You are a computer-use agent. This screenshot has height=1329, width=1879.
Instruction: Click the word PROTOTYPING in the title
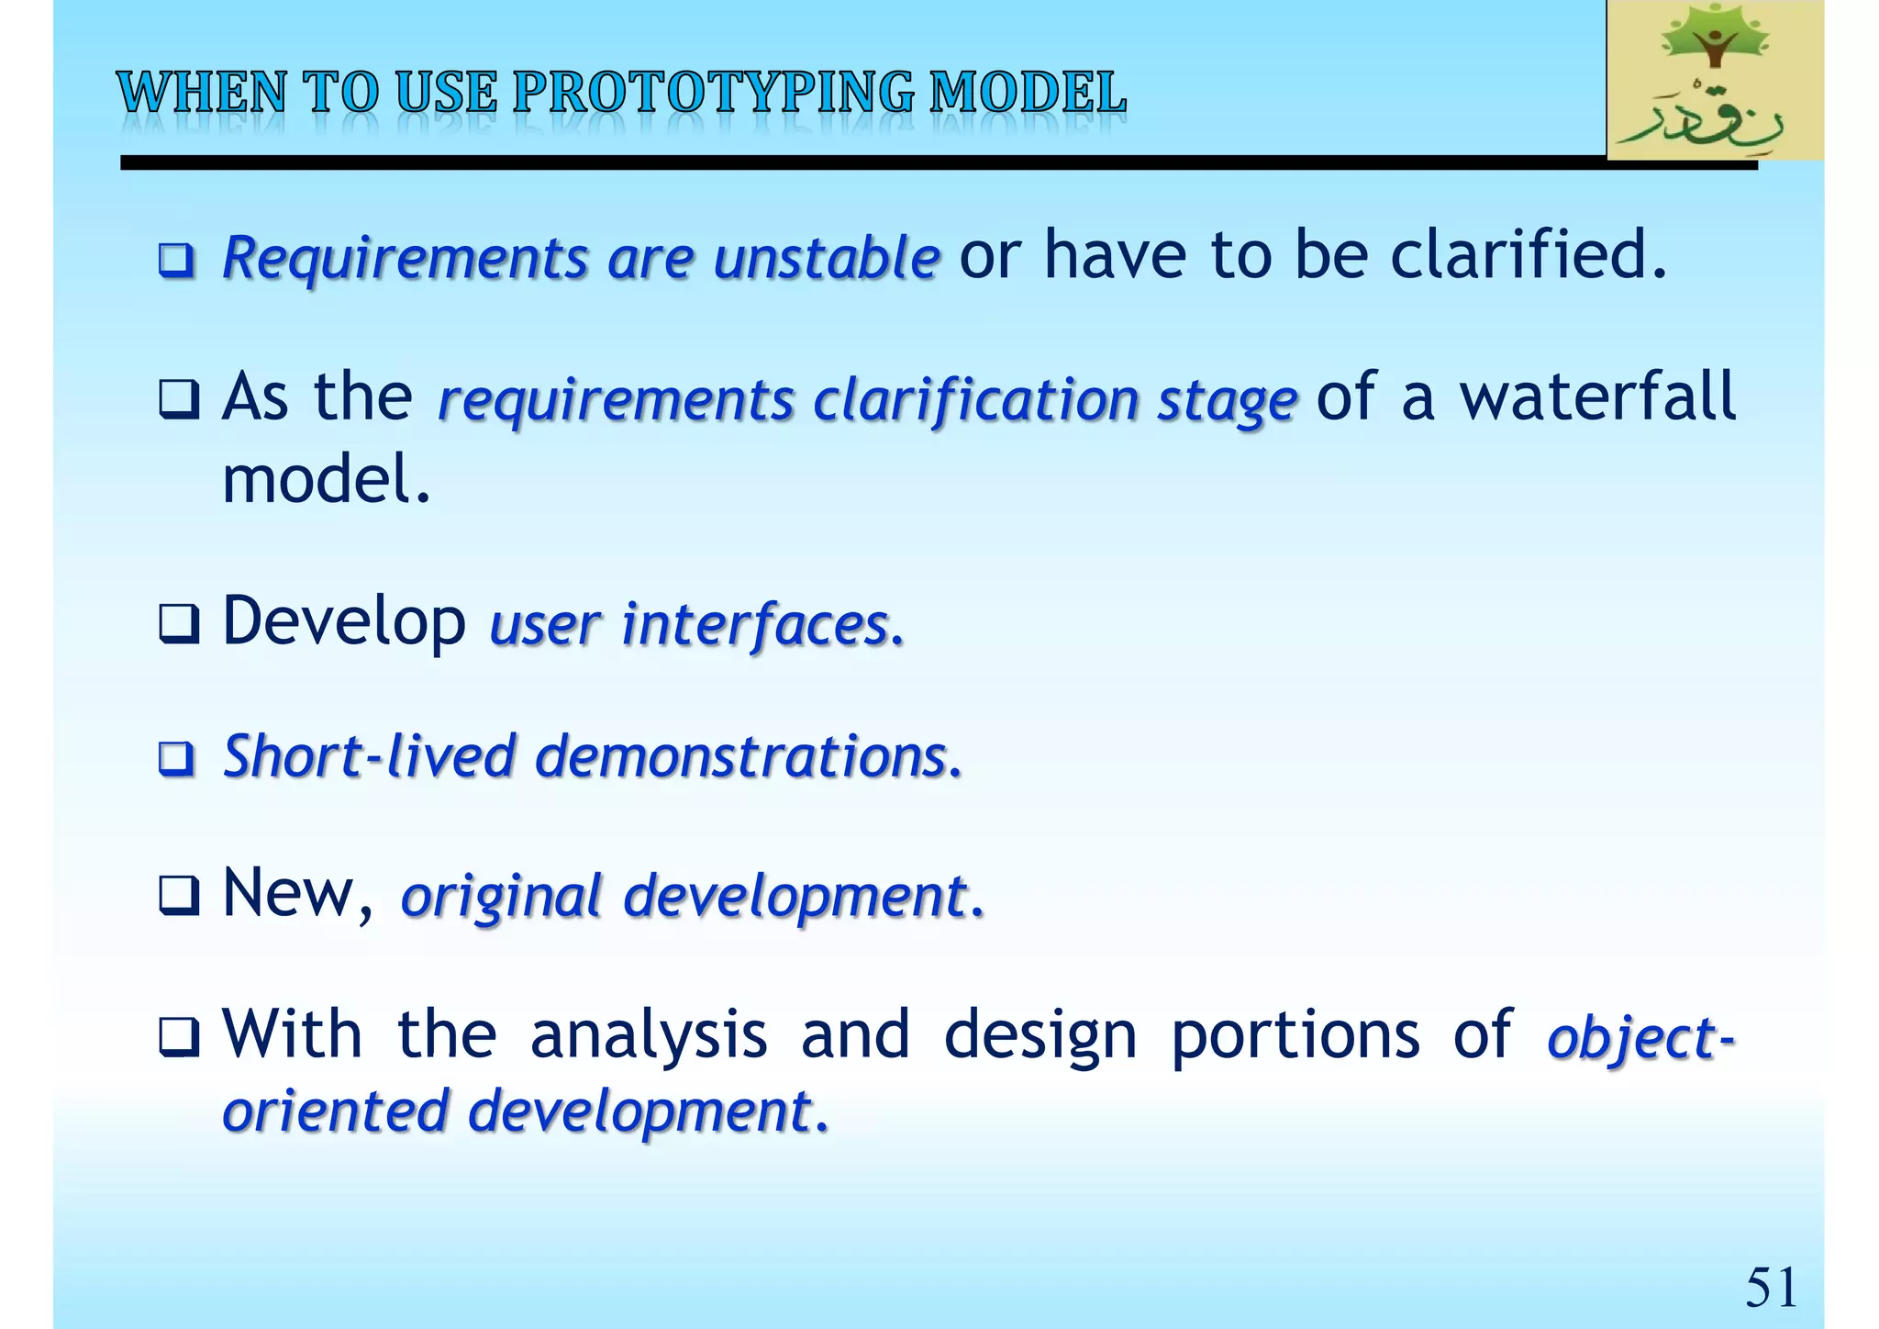714,94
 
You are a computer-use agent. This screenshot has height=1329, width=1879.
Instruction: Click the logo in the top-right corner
1714,81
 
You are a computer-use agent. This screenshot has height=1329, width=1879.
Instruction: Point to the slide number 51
1770,1287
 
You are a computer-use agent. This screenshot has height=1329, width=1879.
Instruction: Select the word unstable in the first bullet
826,257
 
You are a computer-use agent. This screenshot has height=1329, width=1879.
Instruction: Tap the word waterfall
1597,396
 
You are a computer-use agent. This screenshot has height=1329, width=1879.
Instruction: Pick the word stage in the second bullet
1227,402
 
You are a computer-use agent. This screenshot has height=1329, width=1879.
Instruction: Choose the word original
501,897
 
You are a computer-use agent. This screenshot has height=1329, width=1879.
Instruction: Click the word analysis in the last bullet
648,1034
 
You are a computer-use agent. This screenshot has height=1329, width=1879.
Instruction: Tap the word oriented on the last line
335,1111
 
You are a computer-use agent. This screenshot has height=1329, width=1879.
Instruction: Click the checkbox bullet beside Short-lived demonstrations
177,759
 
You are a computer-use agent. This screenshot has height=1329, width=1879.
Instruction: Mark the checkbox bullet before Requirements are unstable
177,260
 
